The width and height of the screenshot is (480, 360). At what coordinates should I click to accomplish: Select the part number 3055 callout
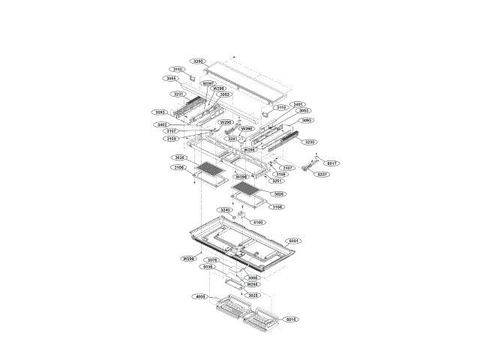171,78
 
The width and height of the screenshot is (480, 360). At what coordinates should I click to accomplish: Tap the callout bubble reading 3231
178,94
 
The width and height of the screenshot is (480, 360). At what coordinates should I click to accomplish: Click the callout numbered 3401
298,104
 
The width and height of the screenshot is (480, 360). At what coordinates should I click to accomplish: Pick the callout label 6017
332,163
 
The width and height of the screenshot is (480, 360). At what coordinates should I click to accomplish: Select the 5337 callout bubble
322,174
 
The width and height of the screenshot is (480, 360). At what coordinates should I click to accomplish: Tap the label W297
209,83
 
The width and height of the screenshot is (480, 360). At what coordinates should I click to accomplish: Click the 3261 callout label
232,139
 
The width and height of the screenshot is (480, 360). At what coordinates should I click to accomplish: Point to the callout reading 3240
225,210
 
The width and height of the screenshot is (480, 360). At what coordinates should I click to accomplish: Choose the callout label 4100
258,222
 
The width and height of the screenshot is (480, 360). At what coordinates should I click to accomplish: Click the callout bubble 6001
293,241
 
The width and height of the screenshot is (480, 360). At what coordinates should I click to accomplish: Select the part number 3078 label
213,260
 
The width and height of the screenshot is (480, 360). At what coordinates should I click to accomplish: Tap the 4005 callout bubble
199,296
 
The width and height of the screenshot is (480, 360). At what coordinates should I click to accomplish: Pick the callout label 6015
292,319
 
